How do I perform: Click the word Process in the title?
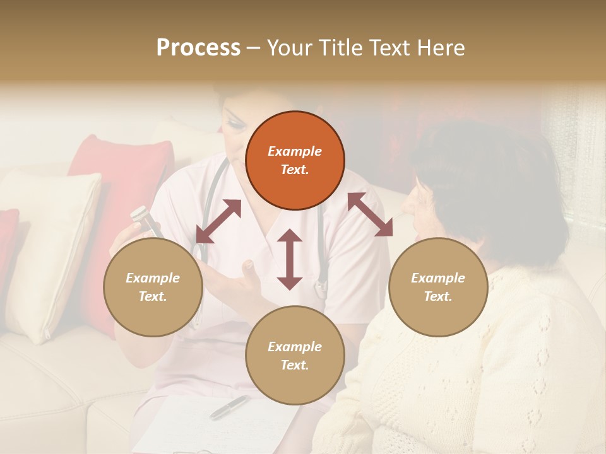198,48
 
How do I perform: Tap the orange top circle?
295,160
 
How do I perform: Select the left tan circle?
153,287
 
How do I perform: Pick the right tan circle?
437,287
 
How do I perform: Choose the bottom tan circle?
295,355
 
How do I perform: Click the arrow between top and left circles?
218,221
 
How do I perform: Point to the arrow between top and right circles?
369,214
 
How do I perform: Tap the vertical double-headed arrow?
290,259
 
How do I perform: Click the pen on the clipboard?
229,407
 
